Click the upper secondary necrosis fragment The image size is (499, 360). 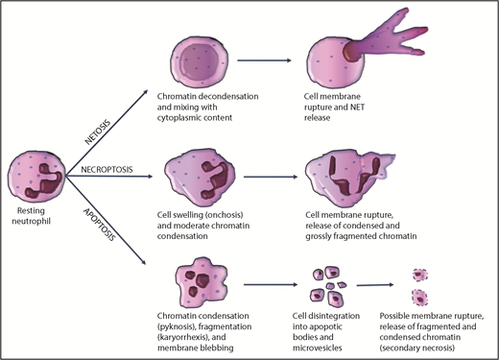coord(417,275)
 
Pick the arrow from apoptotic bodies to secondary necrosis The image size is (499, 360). coord(373,284)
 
